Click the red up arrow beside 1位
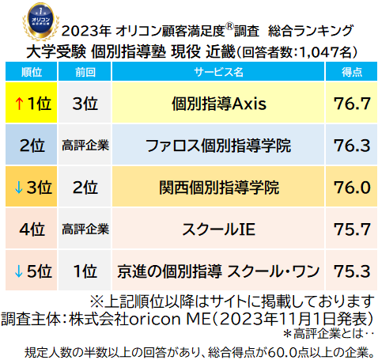coord(16,104)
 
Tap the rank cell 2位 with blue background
coord(30,146)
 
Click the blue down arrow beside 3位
coord(16,188)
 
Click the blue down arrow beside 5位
coord(16,271)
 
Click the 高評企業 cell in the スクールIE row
coord(85,229)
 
